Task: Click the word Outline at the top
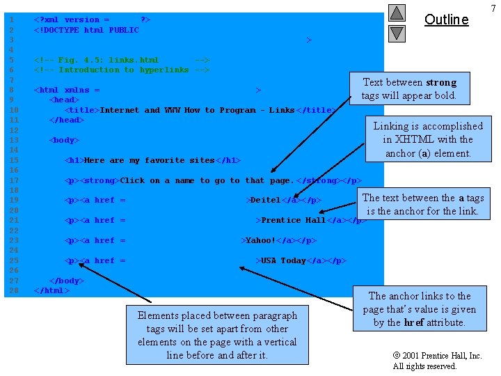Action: [446, 19]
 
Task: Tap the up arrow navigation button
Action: [397, 13]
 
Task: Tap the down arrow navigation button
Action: [397, 33]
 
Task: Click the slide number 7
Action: [493, 8]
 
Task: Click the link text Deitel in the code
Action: [265, 201]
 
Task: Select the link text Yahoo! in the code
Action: [260, 240]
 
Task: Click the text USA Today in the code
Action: [283, 260]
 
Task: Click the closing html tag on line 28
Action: [51, 290]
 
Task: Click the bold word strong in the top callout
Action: [440, 82]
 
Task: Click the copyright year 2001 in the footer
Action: [413, 356]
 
